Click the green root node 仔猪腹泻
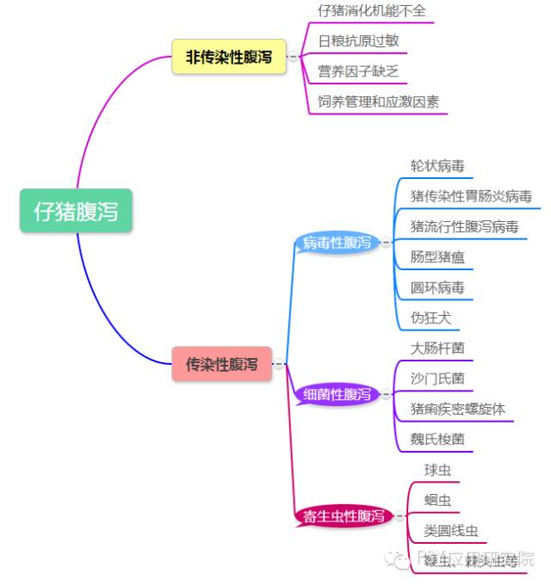[x=76, y=211]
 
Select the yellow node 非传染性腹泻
[x=228, y=57]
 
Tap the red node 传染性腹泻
[x=221, y=364]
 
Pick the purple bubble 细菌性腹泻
[x=337, y=395]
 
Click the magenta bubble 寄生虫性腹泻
[x=343, y=516]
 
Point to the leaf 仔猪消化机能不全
[x=371, y=11]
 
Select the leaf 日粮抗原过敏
[x=358, y=41]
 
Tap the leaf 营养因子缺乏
[x=357, y=71]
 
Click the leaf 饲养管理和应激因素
[x=378, y=102]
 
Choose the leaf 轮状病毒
[x=437, y=166]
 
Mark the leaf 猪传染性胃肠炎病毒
[x=471, y=196]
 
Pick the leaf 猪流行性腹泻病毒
[x=464, y=227]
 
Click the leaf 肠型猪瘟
[x=438, y=257]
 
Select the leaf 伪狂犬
[x=430, y=318]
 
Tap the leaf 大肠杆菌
[x=437, y=349]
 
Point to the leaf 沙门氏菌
[x=437, y=379]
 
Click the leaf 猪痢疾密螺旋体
[x=457, y=409]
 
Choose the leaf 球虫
[x=437, y=470]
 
